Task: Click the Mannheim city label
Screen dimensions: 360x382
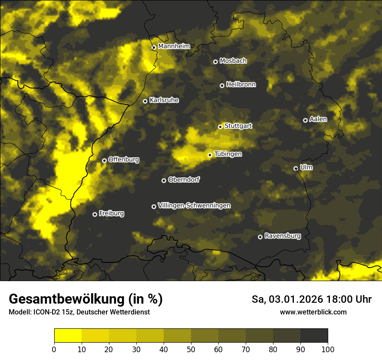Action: pos(174,46)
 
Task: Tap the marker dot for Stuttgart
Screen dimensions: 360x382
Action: pos(221,127)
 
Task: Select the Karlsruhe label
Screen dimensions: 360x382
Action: pos(164,100)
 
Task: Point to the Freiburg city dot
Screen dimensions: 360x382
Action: pos(95,214)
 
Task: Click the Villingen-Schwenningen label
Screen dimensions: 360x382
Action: pos(194,206)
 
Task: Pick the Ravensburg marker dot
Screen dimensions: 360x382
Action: pos(260,237)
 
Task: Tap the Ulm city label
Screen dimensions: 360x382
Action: pos(306,167)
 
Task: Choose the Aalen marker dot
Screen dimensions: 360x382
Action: pos(305,120)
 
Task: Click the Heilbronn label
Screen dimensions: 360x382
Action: pos(241,85)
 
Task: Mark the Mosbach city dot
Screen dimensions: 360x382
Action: pos(215,62)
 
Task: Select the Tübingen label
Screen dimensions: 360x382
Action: pos(228,154)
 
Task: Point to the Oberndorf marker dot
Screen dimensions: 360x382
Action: pos(164,180)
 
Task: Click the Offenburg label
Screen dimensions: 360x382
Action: pos(124,160)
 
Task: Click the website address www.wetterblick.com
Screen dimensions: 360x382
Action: pos(313,312)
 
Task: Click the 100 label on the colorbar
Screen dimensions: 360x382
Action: pos(328,349)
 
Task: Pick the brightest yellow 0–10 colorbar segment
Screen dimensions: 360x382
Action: pos(68,335)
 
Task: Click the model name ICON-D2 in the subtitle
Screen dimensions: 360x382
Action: pos(45,312)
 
